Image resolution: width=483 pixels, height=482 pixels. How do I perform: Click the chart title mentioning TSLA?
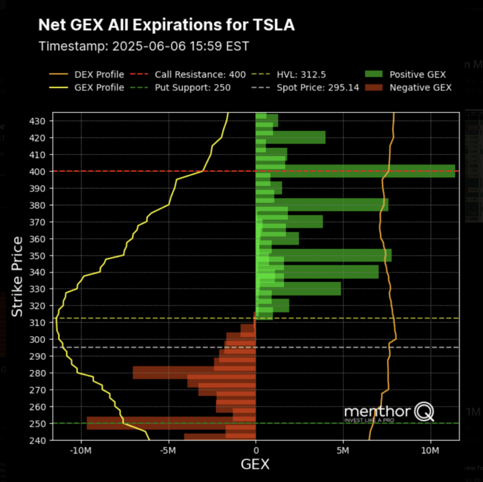tap(166, 25)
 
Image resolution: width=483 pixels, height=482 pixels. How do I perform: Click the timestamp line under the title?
tap(143, 46)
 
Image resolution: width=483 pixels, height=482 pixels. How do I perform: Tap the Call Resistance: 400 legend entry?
tap(200, 75)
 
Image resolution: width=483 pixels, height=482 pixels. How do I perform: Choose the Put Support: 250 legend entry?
tap(192, 88)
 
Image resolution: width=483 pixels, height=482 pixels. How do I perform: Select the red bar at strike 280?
tap(194, 373)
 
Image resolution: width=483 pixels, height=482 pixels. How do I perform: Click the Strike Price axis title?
tap(17, 276)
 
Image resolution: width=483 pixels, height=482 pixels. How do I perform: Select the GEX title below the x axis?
tap(255, 465)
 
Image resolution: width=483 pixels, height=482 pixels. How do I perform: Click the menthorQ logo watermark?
tap(389, 413)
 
